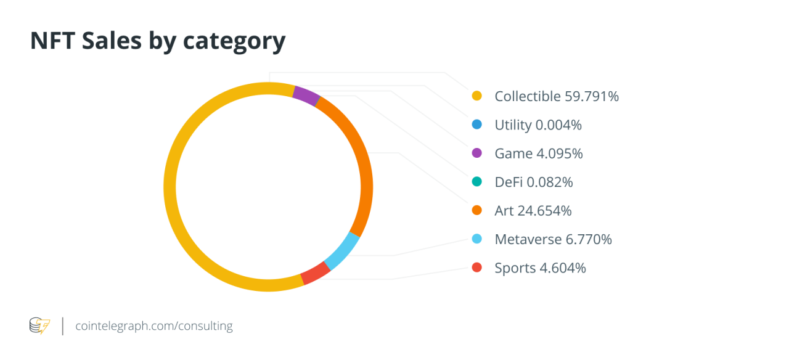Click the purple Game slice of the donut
tap(306, 96)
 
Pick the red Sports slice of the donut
tap(315, 272)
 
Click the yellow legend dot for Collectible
tap(476, 96)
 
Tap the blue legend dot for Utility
tap(476, 125)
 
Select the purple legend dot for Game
tap(476, 153)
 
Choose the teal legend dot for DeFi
tap(476, 182)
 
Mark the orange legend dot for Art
tap(476, 211)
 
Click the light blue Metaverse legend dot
tap(476, 239)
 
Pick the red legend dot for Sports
tap(476, 268)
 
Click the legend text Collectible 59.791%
tap(557, 96)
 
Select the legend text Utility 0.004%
tap(538, 125)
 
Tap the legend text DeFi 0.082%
tap(534, 182)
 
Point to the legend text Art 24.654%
tap(533, 211)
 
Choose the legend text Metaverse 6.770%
tap(553, 239)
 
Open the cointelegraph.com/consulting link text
tap(154, 325)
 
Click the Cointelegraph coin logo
tap(39, 325)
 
